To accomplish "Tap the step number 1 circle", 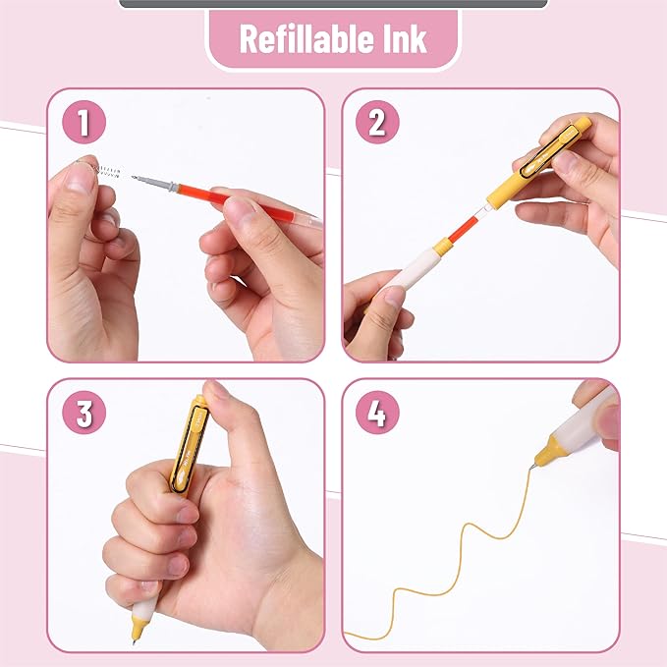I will pyautogui.click(x=83, y=123).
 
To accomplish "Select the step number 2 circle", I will pyautogui.click(x=377, y=123).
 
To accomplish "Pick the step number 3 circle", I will pyautogui.click(x=83, y=414).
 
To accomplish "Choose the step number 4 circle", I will pyautogui.click(x=377, y=414).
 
